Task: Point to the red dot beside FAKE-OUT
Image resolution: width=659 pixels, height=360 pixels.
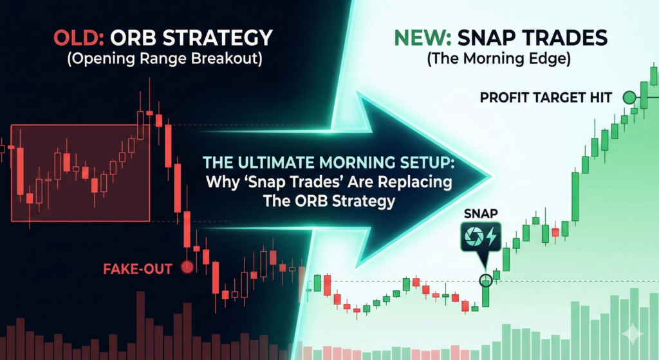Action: pyautogui.click(x=188, y=267)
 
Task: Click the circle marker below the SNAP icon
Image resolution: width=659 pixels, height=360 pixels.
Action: pyautogui.click(x=486, y=279)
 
